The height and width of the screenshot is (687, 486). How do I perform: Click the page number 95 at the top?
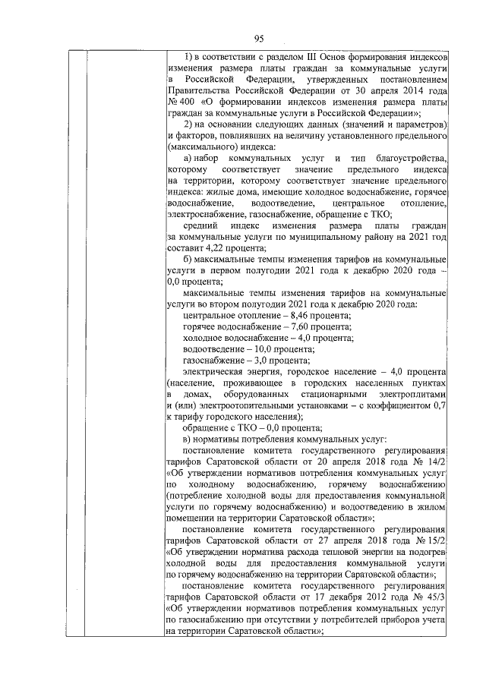[x=258, y=39]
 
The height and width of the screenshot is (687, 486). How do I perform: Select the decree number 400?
[x=183, y=102]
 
